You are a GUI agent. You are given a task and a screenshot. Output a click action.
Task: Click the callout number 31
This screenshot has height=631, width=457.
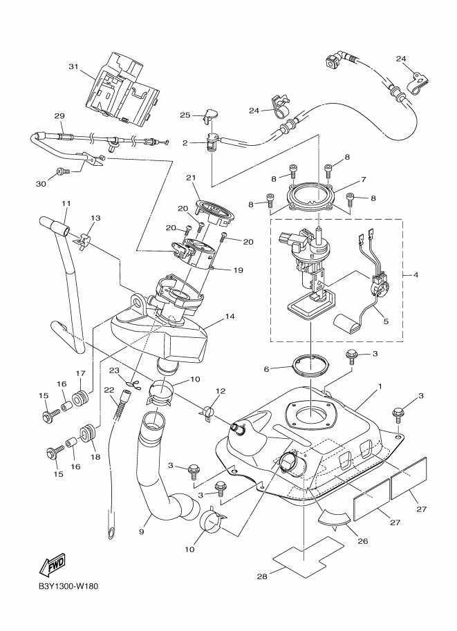point(72,67)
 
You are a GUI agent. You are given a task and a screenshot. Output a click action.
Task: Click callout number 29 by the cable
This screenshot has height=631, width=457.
point(59,115)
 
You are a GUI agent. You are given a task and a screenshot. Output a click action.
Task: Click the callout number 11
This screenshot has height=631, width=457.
point(66,204)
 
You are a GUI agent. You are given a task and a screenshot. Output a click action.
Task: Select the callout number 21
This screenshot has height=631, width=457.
point(192,178)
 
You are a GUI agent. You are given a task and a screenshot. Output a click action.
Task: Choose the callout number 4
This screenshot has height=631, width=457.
point(415,276)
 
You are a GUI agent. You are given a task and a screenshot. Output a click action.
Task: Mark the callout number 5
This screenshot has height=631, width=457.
point(384,321)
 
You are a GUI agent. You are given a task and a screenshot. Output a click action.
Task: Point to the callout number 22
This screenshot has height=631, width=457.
point(109,390)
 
